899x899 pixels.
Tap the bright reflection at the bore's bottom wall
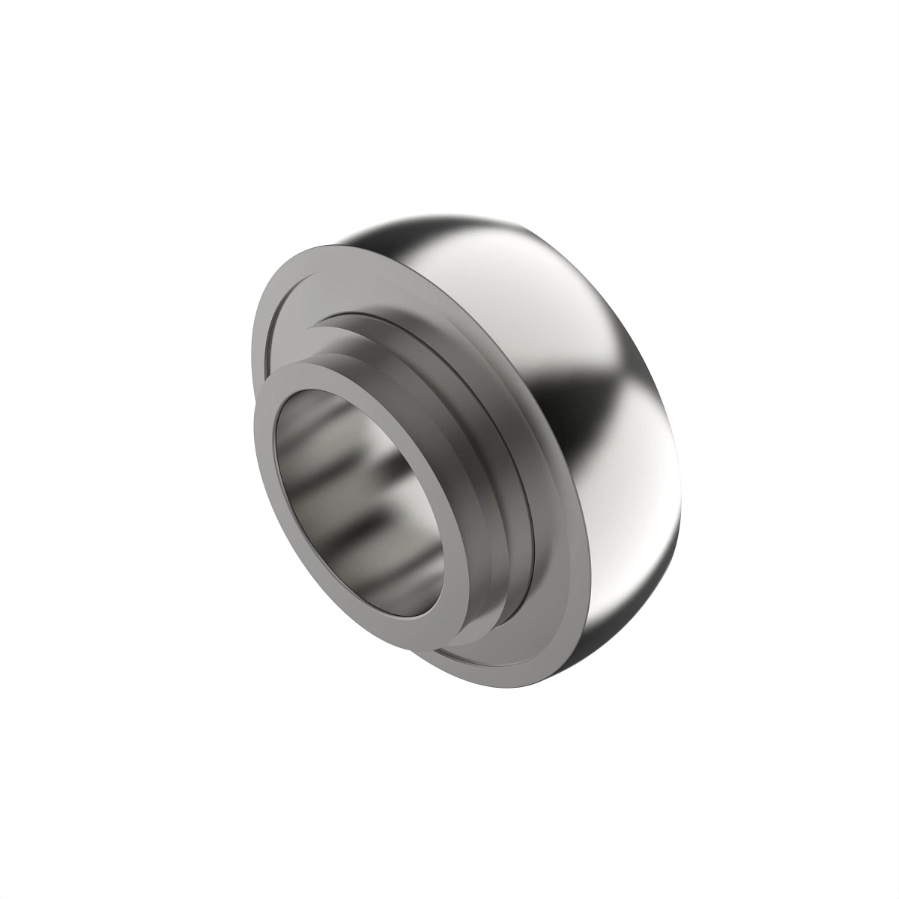click(390, 577)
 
